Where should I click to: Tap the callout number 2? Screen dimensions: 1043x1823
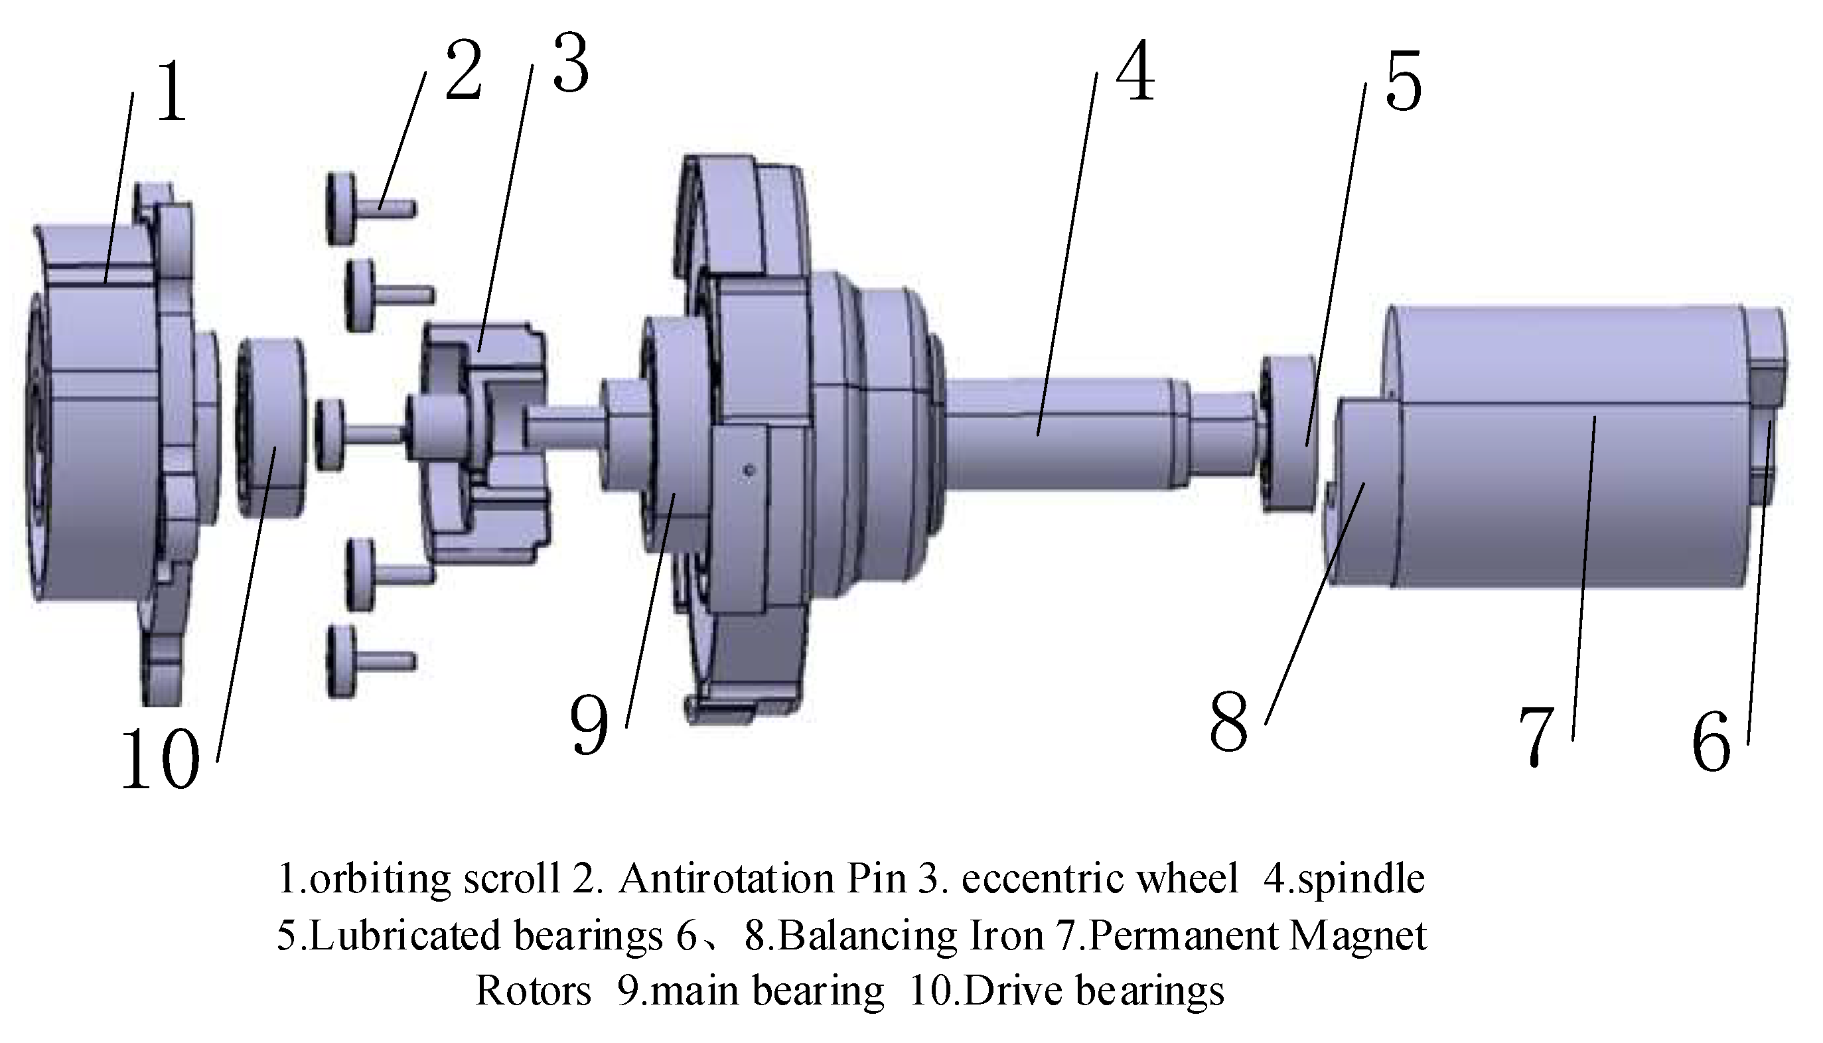pyautogui.click(x=463, y=71)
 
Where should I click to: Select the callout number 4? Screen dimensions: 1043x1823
pyautogui.click(x=1135, y=71)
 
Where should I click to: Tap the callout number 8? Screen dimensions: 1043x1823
pyautogui.click(x=1228, y=722)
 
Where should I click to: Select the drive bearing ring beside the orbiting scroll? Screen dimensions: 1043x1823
pyautogui.click(x=272, y=429)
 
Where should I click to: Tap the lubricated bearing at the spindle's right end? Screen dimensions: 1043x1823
pyautogui.click(x=1289, y=433)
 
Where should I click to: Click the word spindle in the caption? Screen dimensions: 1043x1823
pyautogui.click(x=1361, y=879)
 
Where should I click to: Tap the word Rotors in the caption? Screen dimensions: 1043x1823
pyautogui.click(x=533, y=992)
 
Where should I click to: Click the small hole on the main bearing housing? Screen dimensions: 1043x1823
pyautogui.click(x=749, y=470)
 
